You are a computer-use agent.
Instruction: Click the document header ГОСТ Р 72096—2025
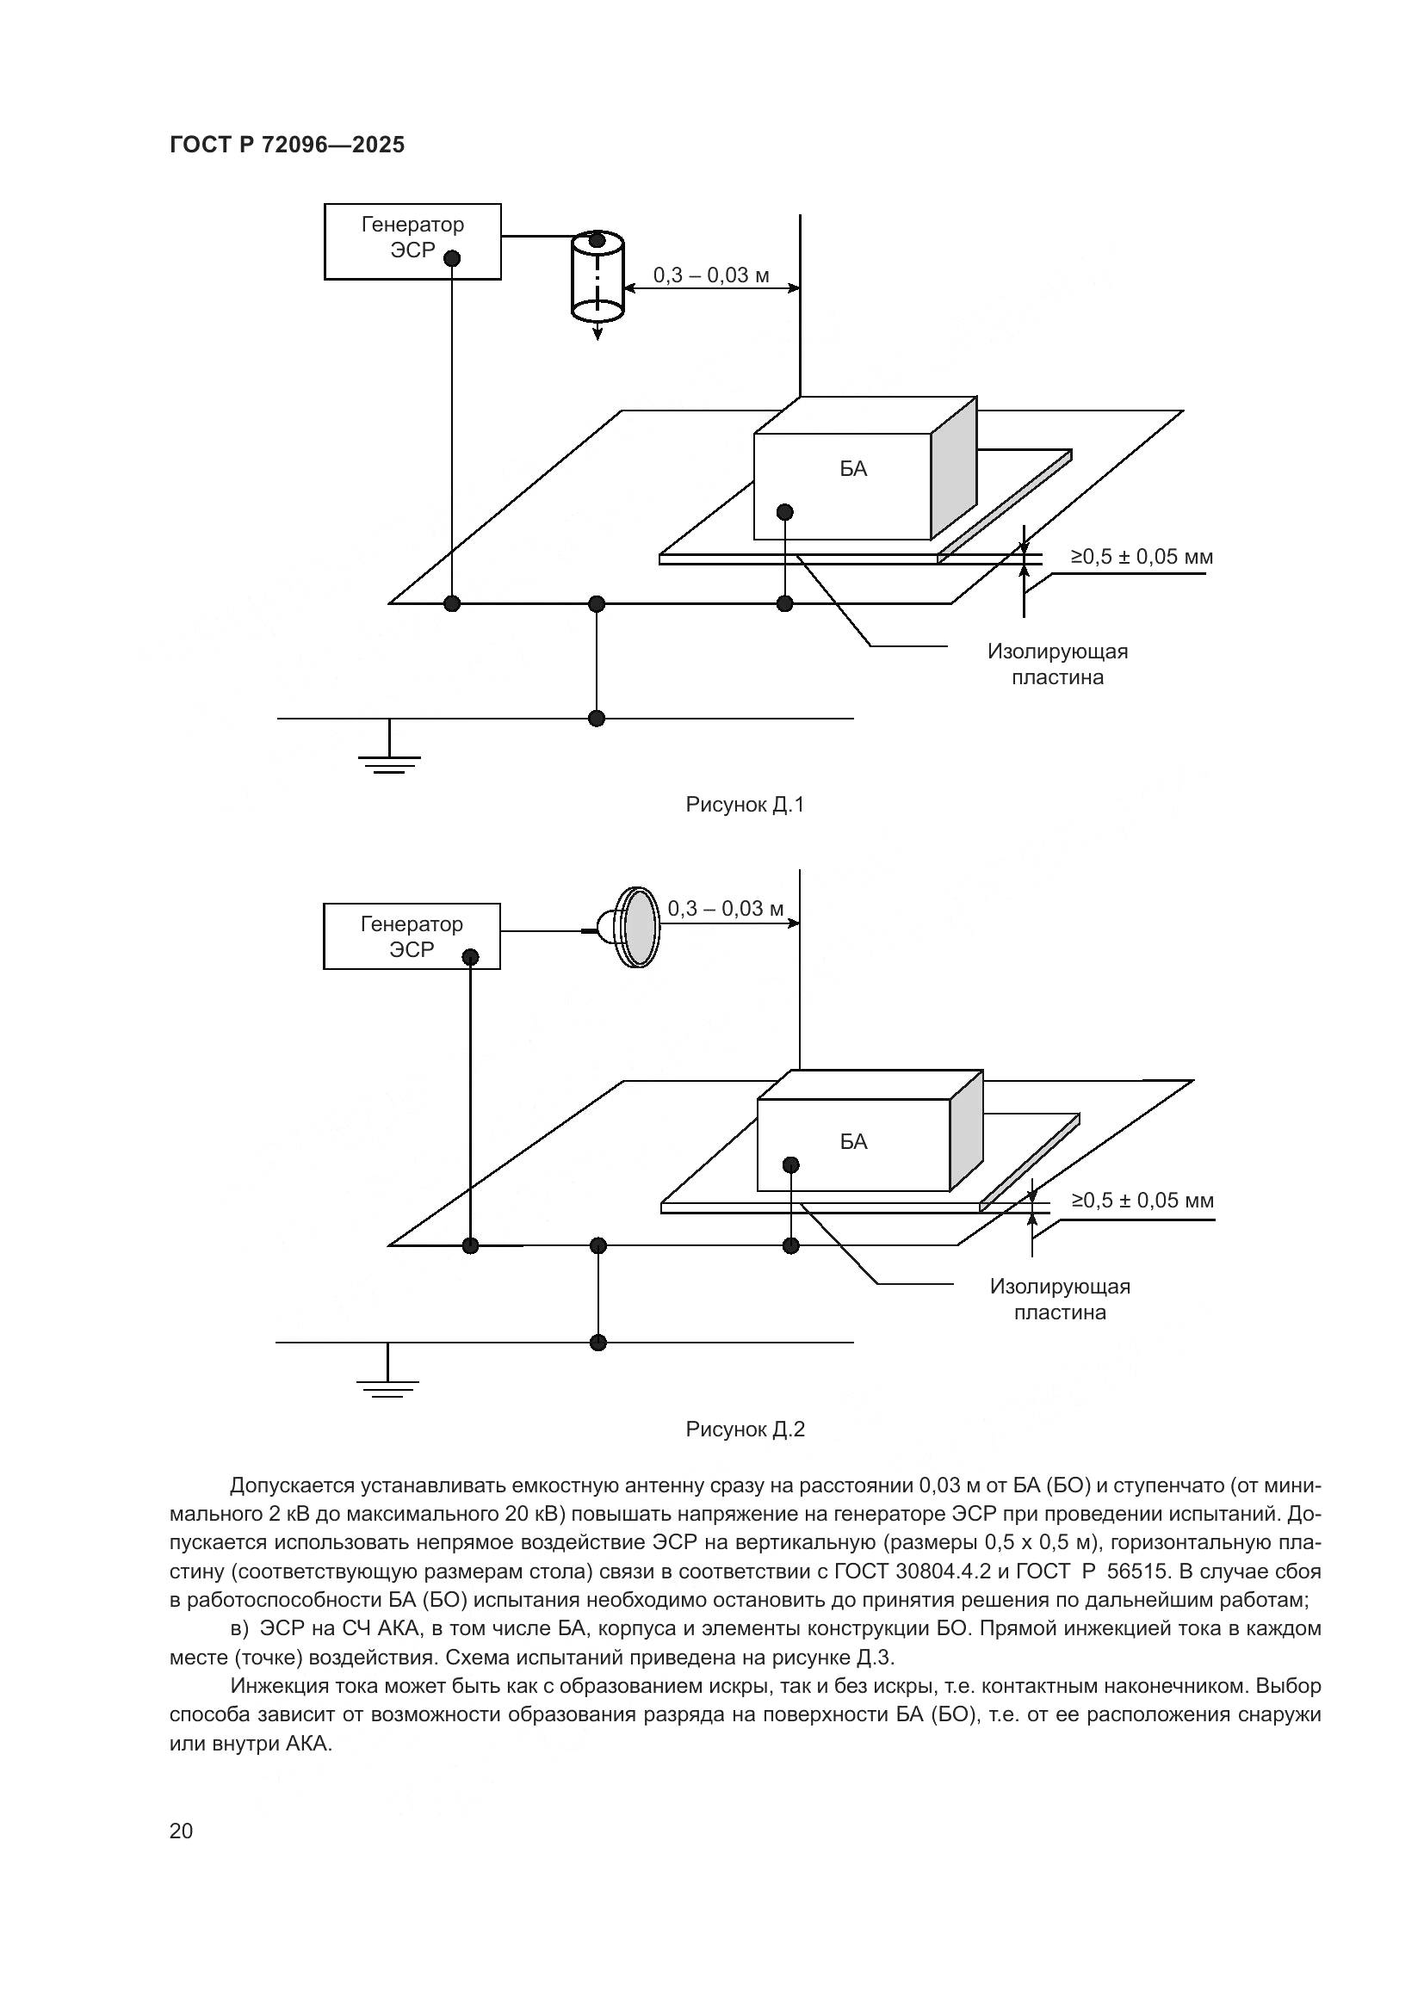click(x=287, y=145)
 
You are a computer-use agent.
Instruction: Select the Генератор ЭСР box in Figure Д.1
click(x=412, y=241)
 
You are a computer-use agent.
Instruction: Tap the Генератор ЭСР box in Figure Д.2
click(x=412, y=935)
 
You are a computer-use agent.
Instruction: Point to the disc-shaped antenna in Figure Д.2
click(x=637, y=927)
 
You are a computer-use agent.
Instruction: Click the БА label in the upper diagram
click(x=853, y=469)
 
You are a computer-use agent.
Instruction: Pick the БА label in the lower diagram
click(x=853, y=1141)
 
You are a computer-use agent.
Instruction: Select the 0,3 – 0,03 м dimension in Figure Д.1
click(x=711, y=275)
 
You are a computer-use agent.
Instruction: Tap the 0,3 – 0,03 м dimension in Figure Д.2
click(x=725, y=908)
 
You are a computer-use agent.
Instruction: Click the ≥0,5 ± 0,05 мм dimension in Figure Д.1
click(x=1142, y=557)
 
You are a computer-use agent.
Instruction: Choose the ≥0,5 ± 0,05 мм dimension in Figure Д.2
click(x=1142, y=1201)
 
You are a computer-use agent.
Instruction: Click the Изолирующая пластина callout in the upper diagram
click(x=1057, y=664)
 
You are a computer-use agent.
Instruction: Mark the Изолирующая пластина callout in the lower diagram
click(x=1060, y=1300)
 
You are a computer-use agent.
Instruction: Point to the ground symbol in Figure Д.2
click(x=387, y=1385)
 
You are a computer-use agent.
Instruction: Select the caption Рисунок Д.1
click(x=745, y=804)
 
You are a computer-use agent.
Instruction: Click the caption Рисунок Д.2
click(x=745, y=1429)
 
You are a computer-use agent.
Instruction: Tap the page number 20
click(x=181, y=1831)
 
